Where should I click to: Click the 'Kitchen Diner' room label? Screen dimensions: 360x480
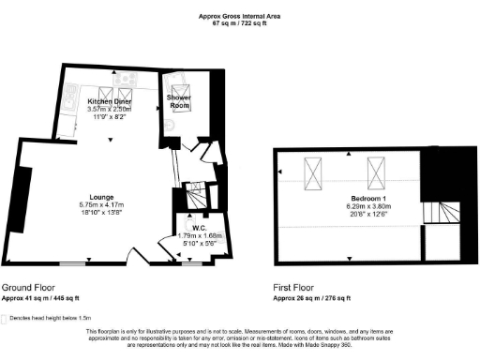click(109, 100)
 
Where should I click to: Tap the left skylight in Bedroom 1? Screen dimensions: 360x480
click(313, 172)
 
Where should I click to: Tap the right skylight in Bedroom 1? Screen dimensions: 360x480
click(378, 172)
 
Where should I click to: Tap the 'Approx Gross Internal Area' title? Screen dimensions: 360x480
click(240, 16)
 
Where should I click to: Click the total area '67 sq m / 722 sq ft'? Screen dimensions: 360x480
click(240, 23)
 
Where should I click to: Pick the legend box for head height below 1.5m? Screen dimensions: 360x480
click(6, 319)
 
